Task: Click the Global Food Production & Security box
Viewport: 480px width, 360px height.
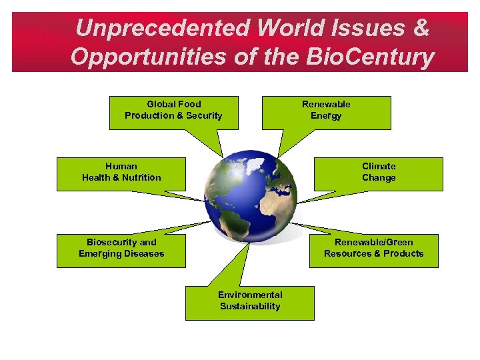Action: tap(173, 112)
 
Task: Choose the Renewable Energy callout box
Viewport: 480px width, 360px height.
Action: tap(326, 112)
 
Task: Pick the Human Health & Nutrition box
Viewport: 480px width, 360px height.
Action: tap(121, 173)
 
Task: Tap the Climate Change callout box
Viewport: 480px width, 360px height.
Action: tap(378, 173)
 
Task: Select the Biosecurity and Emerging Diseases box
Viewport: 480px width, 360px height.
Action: tap(121, 250)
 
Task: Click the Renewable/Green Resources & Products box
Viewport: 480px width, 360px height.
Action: tap(373, 250)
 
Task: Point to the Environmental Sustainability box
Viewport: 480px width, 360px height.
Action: tap(250, 303)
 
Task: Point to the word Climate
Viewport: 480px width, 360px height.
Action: tap(379, 166)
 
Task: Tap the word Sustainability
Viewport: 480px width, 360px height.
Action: tap(250, 307)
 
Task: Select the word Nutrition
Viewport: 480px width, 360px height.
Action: tap(141, 178)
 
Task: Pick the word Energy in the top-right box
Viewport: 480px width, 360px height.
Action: tap(326, 116)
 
